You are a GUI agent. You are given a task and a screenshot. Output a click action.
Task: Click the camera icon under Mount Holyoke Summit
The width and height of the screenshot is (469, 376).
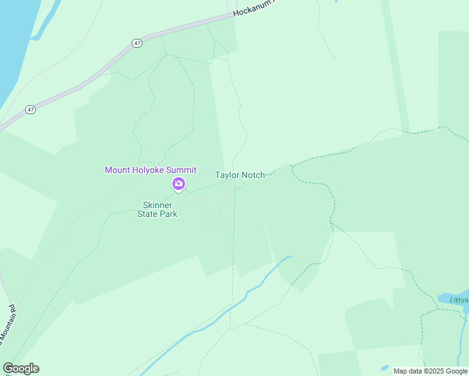coord(178,184)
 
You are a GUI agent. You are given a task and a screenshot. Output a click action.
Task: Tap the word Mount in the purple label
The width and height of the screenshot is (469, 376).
coord(117,170)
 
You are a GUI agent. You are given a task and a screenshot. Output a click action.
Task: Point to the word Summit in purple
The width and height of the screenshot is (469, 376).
coord(182,170)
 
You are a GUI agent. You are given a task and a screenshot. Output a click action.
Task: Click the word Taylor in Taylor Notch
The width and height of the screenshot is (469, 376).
coord(228,175)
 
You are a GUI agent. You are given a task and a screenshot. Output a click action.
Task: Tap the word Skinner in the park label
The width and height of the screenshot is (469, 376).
coord(157,205)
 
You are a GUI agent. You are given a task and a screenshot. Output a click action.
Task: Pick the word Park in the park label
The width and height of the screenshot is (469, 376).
coord(168,214)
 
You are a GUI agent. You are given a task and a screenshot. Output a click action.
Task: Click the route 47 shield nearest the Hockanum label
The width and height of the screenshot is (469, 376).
coord(137,43)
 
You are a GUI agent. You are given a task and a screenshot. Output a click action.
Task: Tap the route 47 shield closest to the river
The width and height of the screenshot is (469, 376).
coord(30,109)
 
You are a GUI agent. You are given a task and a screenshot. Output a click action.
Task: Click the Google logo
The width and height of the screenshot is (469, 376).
coord(21,368)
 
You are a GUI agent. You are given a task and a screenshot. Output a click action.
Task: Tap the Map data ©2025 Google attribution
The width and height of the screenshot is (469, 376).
coord(430,371)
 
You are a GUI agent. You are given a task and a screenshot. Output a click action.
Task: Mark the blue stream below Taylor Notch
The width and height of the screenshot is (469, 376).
coord(251,292)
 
